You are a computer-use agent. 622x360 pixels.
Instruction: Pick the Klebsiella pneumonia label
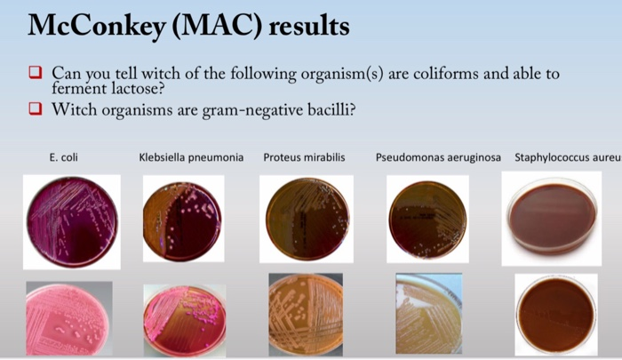(191, 157)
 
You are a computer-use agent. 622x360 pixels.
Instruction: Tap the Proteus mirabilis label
(304, 157)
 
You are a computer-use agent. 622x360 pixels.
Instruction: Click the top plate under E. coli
(72, 221)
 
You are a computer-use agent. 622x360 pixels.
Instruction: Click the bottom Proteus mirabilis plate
(305, 316)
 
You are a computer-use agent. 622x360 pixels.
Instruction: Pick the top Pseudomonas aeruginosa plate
(427, 218)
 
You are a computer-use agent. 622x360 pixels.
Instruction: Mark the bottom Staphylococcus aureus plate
(556, 315)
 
